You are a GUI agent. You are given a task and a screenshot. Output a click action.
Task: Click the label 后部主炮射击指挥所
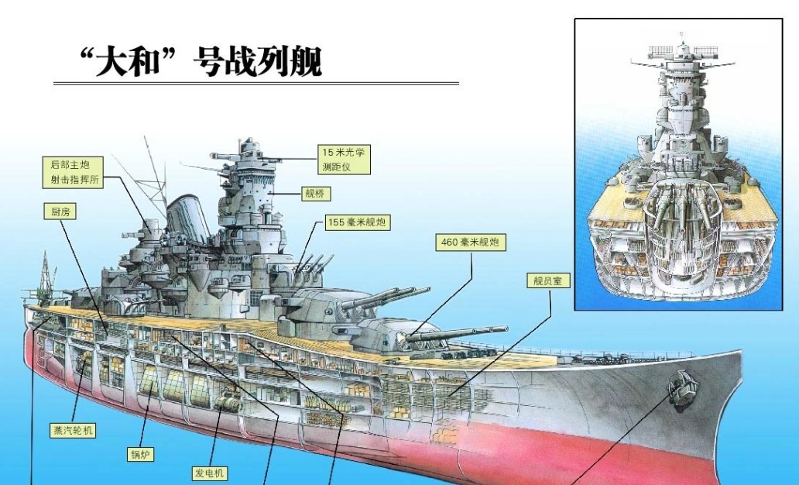point(73,172)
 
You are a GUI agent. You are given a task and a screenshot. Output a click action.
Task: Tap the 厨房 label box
point(60,212)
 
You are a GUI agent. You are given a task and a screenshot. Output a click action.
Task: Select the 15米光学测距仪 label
point(345,160)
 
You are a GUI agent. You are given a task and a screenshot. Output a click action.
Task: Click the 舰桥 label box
point(315,194)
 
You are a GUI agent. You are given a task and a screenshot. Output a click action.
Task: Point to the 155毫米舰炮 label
point(358,223)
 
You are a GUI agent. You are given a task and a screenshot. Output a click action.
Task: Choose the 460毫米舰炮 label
point(471,242)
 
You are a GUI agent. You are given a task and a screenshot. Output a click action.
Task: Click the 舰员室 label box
point(548,280)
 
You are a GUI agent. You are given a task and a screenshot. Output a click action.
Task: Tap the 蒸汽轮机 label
point(72,430)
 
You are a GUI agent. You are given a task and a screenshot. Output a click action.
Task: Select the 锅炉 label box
point(140,454)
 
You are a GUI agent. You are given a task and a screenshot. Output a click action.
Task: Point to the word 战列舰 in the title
point(289,63)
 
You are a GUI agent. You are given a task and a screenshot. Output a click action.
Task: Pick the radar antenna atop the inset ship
point(682,51)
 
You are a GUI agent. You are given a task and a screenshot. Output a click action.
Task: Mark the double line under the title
point(256,83)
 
